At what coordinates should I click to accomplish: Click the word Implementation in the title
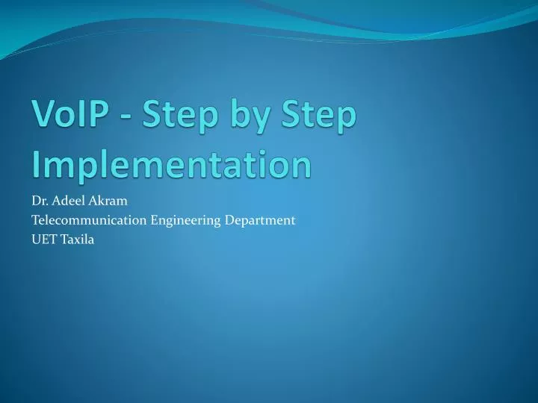point(171,165)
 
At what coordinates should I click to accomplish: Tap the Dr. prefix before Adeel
point(39,200)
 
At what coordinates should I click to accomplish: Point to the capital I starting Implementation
point(36,163)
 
